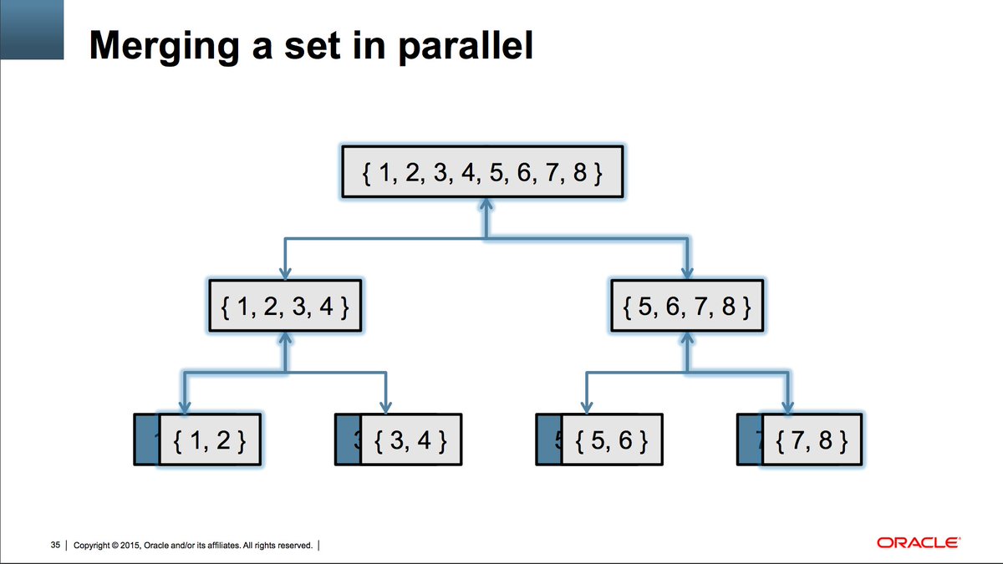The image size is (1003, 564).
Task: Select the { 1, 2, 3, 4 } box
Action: (286, 306)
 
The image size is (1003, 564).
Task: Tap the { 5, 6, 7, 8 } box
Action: (686, 306)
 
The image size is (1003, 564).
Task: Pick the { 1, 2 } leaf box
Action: (209, 440)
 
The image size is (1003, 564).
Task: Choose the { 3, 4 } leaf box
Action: (410, 440)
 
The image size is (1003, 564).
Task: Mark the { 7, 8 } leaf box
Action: (812, 440)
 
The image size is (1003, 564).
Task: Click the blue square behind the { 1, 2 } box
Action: (146, 440)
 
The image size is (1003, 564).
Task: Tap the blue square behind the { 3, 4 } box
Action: (347, 440)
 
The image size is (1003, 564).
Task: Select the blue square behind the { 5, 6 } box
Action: (548, 440)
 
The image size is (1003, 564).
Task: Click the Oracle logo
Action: (918, 543)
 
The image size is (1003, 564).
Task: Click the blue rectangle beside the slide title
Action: (32, 30)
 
